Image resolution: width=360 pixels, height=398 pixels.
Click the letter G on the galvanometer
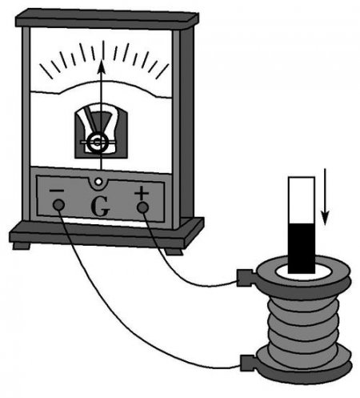[x=100, y=207]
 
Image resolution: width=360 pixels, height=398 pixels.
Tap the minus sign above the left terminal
[x=57, y=191]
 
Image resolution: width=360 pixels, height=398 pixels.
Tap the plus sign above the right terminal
[x=142, y=192]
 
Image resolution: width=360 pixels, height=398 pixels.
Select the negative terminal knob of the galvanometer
[x=58, y=205]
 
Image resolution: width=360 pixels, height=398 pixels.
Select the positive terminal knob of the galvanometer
[x=142, y=207]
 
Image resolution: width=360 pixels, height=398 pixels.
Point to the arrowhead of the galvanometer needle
[x=101, y=66]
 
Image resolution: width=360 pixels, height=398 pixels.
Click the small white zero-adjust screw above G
[x=98, y=182]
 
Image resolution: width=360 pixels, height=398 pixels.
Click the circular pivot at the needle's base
[x=98, y=143]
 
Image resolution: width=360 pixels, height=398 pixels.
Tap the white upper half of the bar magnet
[x=302, y=200]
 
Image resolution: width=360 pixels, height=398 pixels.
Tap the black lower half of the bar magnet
[x=302, y=248]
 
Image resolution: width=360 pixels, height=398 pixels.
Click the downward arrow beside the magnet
[x=325, y=197]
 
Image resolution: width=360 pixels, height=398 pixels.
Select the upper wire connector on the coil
[x=246, y=278]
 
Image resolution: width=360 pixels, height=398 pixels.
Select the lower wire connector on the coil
[x=249, y=363]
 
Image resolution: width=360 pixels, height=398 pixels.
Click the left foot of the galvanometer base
[x=22, y=245]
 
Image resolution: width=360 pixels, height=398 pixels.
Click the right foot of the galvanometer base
[x=174, y=251]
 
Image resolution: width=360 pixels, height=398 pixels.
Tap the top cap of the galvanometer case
[x=106, y=18]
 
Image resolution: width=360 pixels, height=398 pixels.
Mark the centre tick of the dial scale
[x=103, y=50]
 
